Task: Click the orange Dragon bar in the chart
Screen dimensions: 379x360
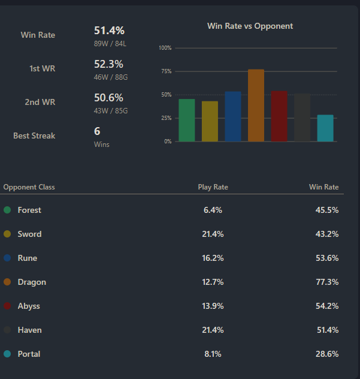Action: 256,106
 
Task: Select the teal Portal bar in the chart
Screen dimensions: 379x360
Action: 325,128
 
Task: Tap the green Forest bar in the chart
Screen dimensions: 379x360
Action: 186,121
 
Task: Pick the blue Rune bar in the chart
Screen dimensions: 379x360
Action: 233,117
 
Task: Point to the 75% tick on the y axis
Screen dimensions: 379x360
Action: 165,71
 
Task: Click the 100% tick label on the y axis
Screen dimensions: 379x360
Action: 165,48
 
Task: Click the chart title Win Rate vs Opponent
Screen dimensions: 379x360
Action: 250,26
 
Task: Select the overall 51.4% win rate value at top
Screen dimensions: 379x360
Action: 109,31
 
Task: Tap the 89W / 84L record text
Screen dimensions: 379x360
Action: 111,43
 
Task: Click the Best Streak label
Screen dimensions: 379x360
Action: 34,136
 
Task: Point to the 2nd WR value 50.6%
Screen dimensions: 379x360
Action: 109,98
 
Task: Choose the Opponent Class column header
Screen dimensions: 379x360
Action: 29,187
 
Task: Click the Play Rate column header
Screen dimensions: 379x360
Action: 213,187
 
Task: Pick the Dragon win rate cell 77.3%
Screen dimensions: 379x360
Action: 326,282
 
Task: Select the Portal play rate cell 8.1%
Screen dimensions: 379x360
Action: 213,354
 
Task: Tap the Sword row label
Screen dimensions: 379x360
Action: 29,234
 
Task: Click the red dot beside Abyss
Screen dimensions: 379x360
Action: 7,306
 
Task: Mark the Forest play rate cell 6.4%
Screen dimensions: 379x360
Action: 213,210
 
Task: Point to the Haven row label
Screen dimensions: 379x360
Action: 29,330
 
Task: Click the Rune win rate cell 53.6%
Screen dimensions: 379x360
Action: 326,258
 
